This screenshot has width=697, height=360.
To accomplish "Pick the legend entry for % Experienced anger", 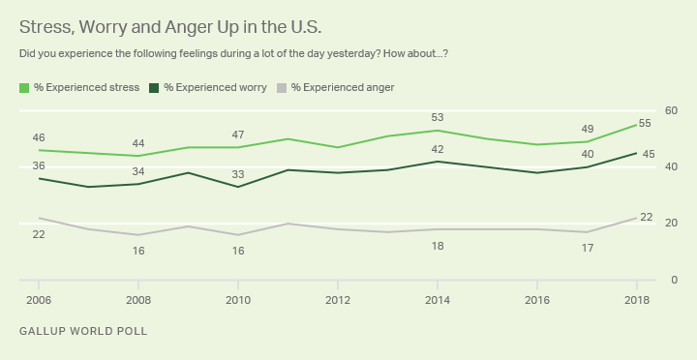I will click(335, 87).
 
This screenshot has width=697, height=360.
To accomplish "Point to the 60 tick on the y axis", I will click(671, 111).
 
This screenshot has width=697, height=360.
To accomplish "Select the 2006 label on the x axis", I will click(40, 299).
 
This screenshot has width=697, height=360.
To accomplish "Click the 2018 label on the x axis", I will click(636, 299).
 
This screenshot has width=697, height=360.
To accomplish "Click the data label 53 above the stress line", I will click(438, 117).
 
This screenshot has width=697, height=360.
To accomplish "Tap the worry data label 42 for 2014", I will click(438, 149).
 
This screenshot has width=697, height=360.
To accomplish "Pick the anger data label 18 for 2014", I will click(438, 247).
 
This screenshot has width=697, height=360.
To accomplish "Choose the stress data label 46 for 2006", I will click(39, 137).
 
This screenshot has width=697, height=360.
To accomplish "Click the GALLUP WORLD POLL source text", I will click(83, 332).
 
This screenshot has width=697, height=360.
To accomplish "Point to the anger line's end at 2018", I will click(636, 218).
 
